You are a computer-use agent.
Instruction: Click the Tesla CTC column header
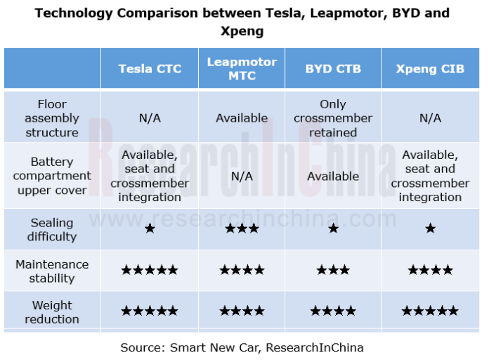(x=150, y=68)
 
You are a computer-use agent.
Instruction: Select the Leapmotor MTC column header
(x=242, y=68)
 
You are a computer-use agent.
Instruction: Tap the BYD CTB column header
(x=333, y=68)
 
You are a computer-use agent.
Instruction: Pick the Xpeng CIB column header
(x=430, y=68)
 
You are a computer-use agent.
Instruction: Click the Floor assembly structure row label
(x=52, y=118)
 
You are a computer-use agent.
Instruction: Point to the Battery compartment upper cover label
(x=52, y=176)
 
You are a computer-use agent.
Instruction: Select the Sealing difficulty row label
(x=52, y=229)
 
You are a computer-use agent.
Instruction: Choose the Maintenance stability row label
(x=52, y=271)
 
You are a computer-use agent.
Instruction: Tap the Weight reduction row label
(x=52, y=311)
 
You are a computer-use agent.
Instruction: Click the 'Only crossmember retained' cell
(x=333, y=118)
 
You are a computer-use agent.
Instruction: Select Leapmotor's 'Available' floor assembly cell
(x=242, y=118)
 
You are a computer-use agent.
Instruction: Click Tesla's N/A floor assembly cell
(x=150, y=118)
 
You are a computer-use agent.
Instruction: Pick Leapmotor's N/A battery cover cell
(x=242, y=176)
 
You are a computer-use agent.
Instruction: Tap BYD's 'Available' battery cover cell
(x=333, y=176)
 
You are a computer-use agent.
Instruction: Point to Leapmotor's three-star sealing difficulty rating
(x=242, y=229)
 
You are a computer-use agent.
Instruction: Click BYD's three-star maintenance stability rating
(x=333, y=270)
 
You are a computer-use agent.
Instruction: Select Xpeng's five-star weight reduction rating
(x=430, y=311)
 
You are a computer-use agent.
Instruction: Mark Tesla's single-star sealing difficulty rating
(x=150, y=229)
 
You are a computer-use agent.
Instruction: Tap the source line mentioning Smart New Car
(x=242, y=347)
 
